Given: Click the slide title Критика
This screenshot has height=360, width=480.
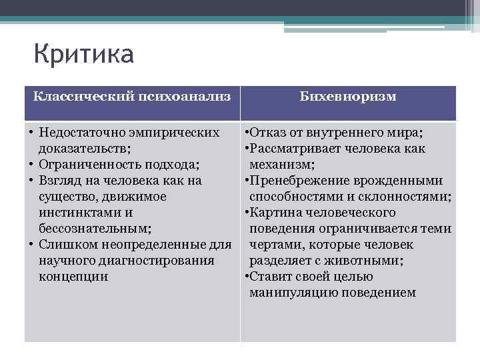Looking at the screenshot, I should pyautogui.click(x=83, y=54).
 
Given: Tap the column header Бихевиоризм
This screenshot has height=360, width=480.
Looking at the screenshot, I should pyautogui.click(x=348, y=97).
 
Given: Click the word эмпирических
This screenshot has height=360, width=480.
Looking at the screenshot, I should pyautogui.click(x=178, y=133).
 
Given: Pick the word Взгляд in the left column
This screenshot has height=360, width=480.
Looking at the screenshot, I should pyautogui.click(x=61, y=181).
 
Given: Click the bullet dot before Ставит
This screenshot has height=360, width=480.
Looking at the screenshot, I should pyautogui.click(x=247, y=277).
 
